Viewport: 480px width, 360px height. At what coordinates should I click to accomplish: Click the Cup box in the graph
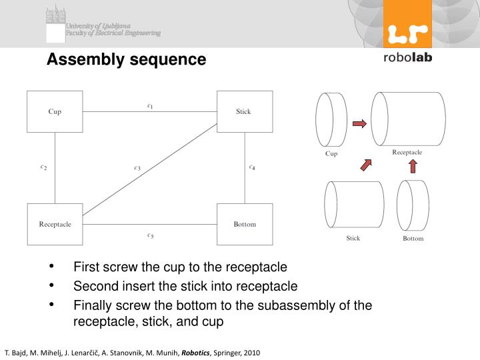point(55,111)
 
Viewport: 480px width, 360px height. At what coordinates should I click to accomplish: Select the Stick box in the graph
point(244,111)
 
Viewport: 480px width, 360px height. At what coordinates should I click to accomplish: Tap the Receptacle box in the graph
point(55,224)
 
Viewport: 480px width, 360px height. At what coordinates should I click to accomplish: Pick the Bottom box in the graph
point(244,224)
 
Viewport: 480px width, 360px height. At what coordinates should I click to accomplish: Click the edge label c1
point(150,105)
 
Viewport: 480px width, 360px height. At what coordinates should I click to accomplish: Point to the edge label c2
point(43,167)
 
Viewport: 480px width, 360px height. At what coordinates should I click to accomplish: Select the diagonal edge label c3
point(137,168)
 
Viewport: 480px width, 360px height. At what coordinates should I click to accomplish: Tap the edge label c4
point(252,167)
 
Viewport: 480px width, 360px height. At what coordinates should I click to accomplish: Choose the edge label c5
point(150,235)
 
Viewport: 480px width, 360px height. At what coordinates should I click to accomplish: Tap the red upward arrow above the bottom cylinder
point(412,165)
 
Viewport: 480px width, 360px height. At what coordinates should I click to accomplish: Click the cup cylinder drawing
point(331,120)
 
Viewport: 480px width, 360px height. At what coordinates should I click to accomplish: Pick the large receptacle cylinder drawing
point(408,119)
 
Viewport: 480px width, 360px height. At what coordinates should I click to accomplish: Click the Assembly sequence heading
point(126,60)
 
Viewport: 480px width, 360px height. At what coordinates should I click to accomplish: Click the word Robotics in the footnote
point(196,352)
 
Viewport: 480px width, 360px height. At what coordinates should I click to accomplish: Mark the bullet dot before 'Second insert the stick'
point(51,286)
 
